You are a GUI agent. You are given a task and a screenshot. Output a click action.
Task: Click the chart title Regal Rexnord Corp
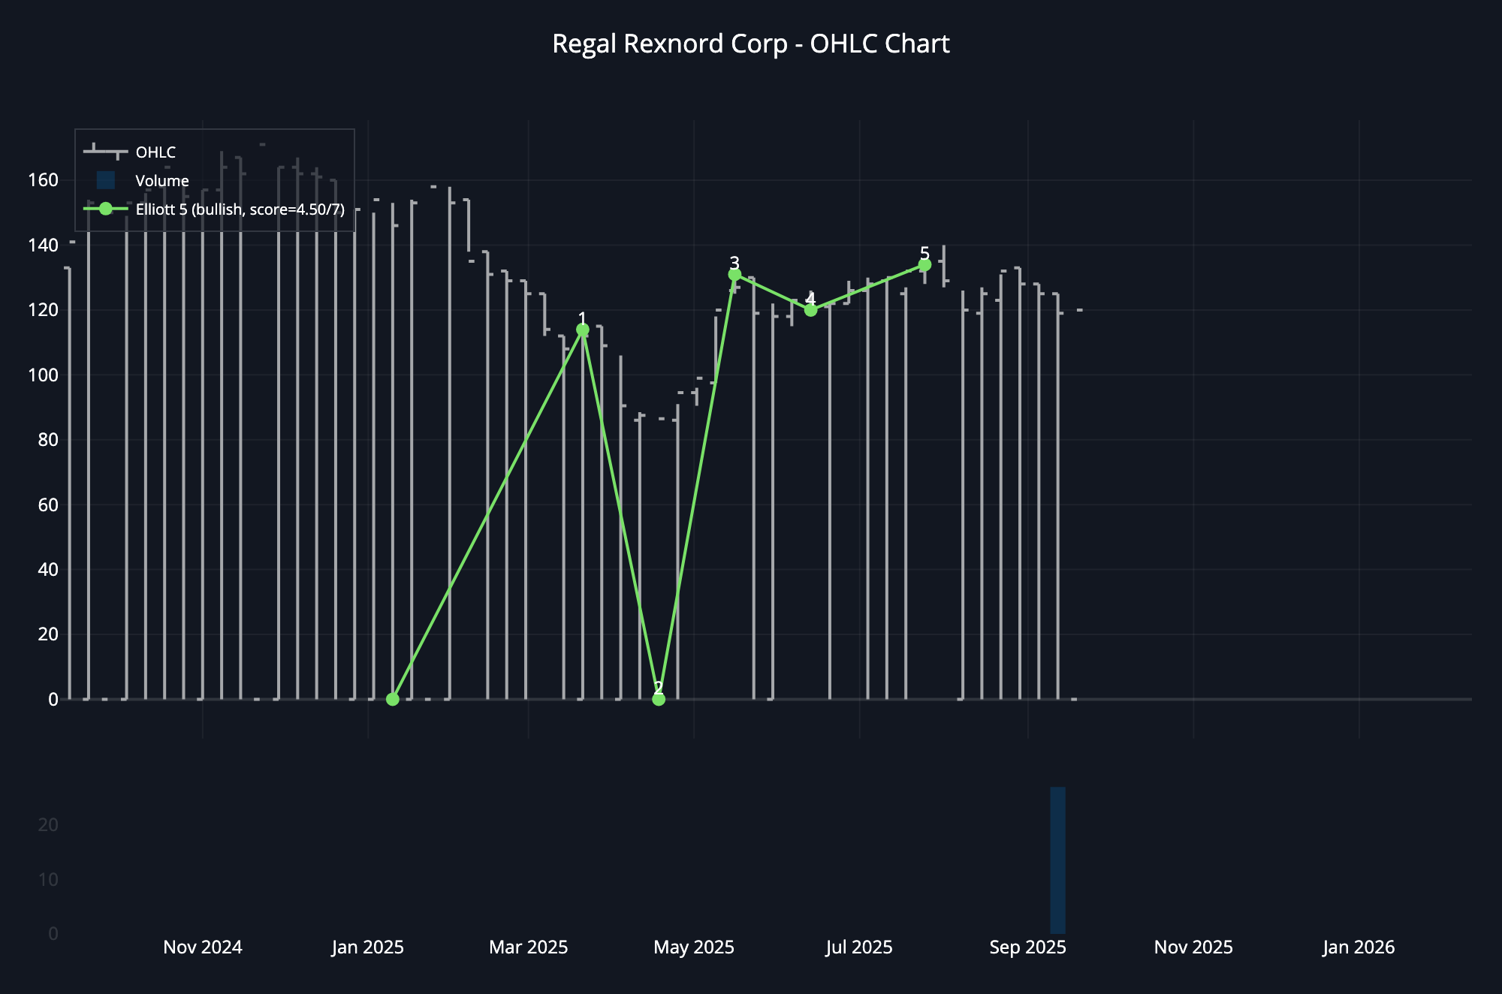(x=750, y=44)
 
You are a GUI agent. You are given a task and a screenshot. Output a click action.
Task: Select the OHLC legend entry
(x=155, y=152)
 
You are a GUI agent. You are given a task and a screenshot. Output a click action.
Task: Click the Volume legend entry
(x=161, y=181)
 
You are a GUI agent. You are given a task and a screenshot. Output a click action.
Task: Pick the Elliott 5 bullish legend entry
(x=239, y=209)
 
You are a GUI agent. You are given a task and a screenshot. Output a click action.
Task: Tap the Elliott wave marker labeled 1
(x=582, y=330)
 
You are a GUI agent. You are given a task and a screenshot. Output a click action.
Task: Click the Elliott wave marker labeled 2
(x=659, y=699)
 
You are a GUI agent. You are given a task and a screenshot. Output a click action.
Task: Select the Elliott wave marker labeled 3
(x=734, y=275)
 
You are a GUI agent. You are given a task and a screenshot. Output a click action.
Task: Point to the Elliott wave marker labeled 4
(x=810, y=309)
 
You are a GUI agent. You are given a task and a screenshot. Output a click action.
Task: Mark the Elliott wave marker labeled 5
(x=924, y=265)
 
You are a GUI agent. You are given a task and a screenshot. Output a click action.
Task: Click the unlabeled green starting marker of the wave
(x=392, y=699)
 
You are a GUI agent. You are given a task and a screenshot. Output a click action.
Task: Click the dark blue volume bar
(x=1057, y=860)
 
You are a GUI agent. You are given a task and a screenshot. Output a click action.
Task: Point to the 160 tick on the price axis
(x=43, y=180)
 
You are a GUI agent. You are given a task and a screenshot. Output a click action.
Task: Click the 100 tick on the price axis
(x=43, y=375)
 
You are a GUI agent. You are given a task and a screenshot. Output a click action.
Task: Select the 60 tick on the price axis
(x=47, y=505)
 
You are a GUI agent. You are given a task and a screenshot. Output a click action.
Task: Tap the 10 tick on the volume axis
(x=48, y=879)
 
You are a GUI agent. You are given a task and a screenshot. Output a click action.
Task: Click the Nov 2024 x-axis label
(x=203, y=947)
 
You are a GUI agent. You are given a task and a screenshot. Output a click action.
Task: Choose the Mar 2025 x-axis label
(x=528, y=947)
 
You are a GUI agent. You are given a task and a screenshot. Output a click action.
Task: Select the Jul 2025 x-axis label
(x=859, y=947)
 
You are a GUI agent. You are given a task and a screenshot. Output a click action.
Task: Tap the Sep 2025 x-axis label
(x=1027, y=947)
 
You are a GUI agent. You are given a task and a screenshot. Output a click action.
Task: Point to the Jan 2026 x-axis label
(x=1358, y=947)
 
